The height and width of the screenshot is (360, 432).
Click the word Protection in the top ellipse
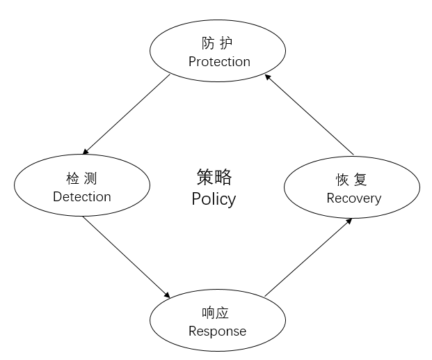pyautogui.click(x=219, y=62)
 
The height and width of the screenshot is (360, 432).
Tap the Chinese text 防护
pyautogui.click(x=218, y=43)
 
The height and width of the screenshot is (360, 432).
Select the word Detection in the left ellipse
pyautogui.click(x=82, y=197)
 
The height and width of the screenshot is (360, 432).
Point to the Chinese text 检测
pyautogui.click(x=81, y=178)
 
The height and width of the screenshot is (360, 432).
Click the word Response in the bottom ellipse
pyautogui.click(x=218, y=331)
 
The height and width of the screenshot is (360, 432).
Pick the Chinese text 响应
pyautogui.click(x=218, y=313)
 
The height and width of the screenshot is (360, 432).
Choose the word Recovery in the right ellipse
pyautogui.click(x=353, y=198)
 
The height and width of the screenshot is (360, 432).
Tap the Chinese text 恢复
pyautogui.click(x=352, y=180)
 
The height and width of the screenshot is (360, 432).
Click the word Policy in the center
pyautogui.click(x=214, y=199)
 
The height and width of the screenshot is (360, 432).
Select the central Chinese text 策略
pyautogui.click(x=214, y=177)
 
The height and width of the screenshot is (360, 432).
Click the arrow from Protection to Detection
pyautogui.click(x=126, y=115)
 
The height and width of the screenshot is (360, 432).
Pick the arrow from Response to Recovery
pyautogui.click(x=308, y=258)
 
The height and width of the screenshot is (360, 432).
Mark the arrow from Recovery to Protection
pyautogui.click(x=310, y=115)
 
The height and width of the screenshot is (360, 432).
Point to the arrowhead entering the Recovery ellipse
pyautogui.click(x=349, y=221)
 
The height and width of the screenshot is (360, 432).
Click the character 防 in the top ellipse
pyautogui.click(x=208, y=43)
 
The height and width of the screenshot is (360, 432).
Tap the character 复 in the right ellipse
pyautogui.click(x=361, y=180)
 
